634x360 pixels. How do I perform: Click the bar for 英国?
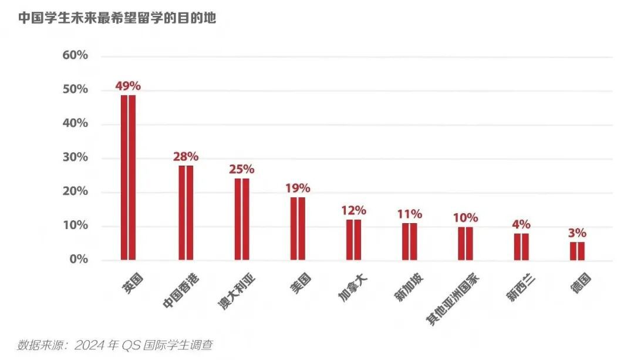[128, 177]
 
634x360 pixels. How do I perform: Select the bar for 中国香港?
[186, 213]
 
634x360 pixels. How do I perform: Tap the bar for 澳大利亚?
[242, 218]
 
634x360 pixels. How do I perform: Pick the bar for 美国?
[298, 228]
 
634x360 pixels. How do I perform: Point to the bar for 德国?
[577, 251]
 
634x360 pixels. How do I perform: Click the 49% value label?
[128, 86]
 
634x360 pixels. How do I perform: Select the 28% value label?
[186, 157]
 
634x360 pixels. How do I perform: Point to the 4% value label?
[521, 224]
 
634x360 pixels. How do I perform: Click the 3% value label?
[577, 233]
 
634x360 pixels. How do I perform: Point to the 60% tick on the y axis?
[75, 55]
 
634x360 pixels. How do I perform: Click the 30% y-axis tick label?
[75, 157]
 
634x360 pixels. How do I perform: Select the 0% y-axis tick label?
[79, 259]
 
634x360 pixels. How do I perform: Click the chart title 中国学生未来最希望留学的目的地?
[117, 18]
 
